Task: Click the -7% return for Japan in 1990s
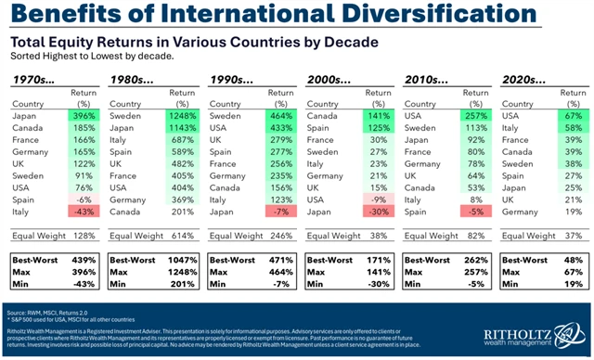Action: pos(277,212)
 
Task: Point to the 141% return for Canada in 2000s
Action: pos(373,116)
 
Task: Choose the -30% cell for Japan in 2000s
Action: pos(373,212)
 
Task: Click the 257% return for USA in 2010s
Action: pos(471,116)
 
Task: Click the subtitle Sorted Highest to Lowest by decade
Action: pos(88,56)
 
